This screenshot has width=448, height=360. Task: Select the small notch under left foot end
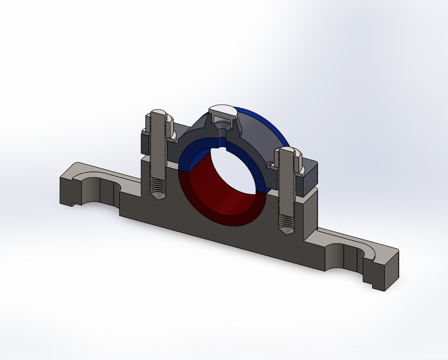point(74,201)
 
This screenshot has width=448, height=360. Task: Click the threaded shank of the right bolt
point(286,197)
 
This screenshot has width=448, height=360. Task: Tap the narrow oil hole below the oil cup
point(222,136)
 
